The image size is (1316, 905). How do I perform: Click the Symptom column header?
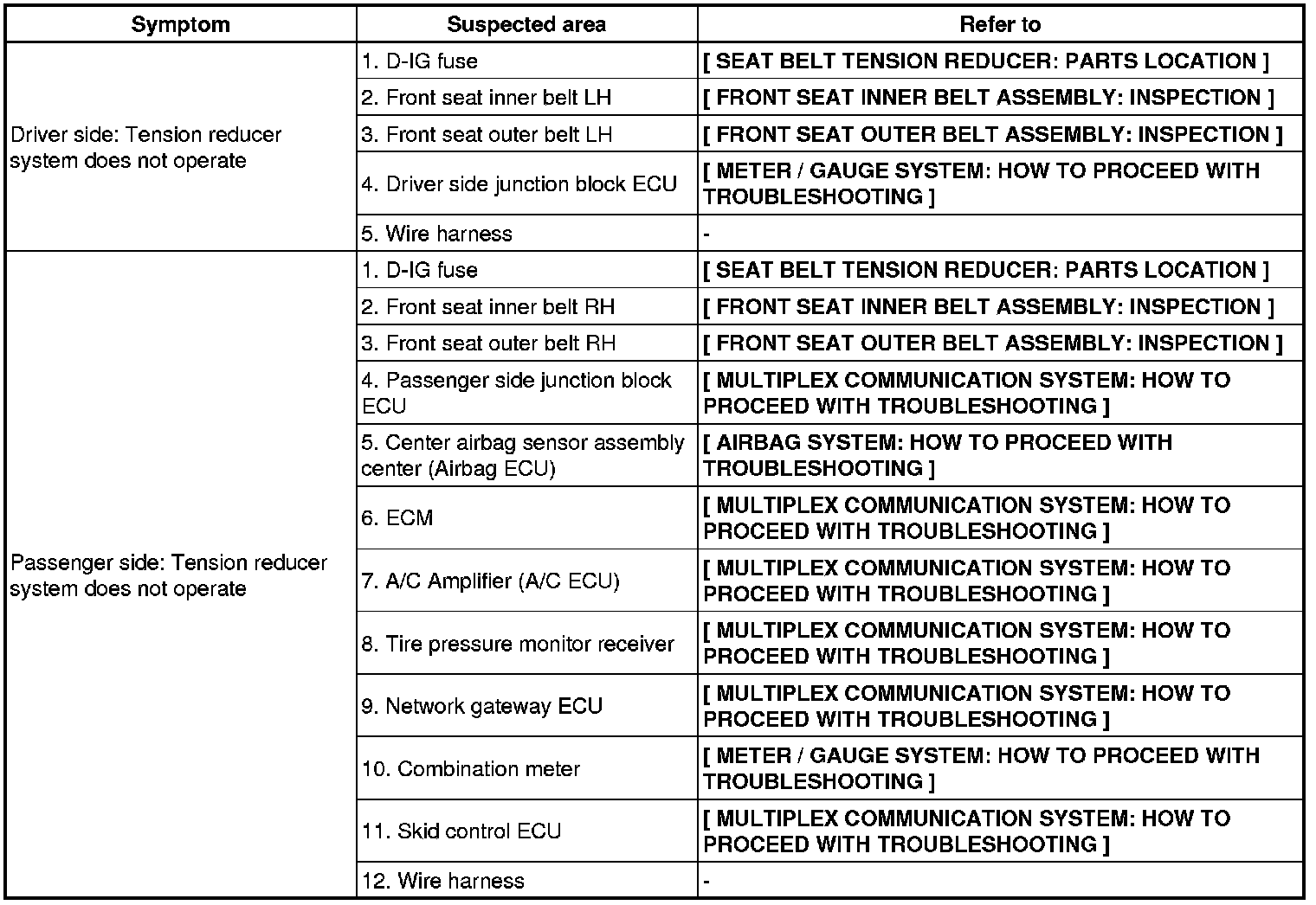point(180,24)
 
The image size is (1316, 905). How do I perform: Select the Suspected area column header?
point(526,24)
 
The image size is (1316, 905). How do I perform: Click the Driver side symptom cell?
point(145,147)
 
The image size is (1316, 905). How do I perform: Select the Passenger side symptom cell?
point(169,575)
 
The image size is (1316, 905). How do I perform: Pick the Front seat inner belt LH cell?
point(487,98)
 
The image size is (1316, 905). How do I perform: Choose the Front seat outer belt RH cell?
point(488,343)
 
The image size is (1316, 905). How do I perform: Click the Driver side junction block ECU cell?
point(519,184)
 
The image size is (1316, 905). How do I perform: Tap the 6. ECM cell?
point(397,518)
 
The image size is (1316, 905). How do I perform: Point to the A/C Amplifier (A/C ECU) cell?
point(490,581)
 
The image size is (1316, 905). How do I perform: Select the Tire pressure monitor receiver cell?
point(518,644)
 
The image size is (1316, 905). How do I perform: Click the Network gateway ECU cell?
point(481,706)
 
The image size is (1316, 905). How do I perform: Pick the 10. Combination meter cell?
point(471,769)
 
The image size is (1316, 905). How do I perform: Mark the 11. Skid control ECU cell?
point(461,831)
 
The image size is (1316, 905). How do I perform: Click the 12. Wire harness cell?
point(443,881)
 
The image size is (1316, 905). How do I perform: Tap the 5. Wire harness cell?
point(437,234)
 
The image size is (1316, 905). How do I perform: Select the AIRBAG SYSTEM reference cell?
point(937,455)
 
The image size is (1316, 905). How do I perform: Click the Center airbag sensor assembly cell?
point(522,455)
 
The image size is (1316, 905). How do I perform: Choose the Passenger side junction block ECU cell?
point(516,393)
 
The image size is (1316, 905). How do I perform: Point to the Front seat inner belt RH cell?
point(488,307)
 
